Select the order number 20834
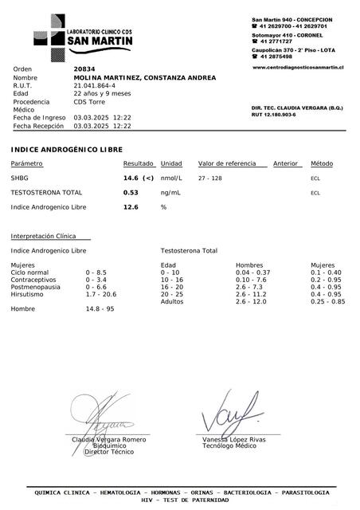pos(83,69)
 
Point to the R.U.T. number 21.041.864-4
pos(94,85)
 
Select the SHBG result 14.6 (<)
pos(139,178)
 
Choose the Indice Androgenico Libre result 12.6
pos(131,206)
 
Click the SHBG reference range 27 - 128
pos(210,178)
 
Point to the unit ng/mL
pos(170,192)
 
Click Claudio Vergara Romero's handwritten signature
pos(108,414)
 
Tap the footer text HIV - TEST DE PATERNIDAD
pos(183,500)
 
